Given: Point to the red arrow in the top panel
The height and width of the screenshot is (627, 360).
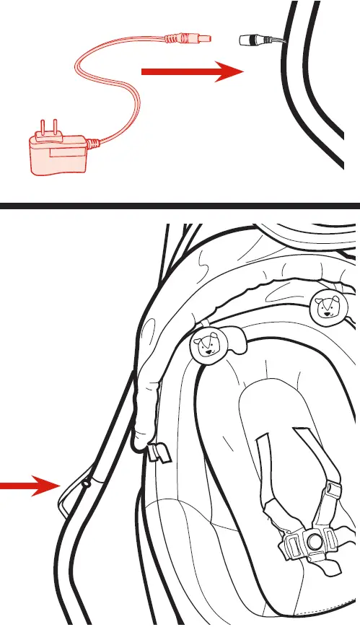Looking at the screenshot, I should pyautogui.click(x=191, y=71).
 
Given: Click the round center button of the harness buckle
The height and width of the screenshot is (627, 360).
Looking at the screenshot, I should pyautogui.click(x=314, y=540).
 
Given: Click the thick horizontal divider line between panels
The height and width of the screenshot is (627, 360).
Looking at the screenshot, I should pyautogui.click(x=180, y=206).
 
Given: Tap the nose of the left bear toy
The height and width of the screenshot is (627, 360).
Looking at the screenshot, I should pyautogui.click(x=206, y=351).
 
